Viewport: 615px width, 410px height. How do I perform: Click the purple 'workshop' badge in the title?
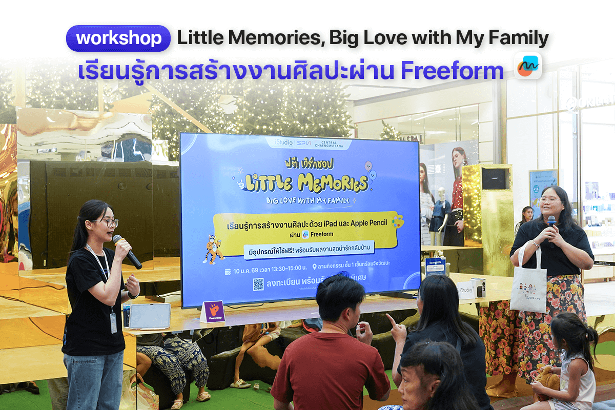tap(118, 38)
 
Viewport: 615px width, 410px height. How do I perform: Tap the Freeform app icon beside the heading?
tap(527, 66)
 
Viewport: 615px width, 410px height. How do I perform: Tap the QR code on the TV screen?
tap(258, 284)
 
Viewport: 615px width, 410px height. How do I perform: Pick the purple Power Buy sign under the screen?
tap(213, 311)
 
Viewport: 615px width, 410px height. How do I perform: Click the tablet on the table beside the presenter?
tap(149, 316)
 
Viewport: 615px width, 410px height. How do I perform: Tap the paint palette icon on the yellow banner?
tap(397, 221)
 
